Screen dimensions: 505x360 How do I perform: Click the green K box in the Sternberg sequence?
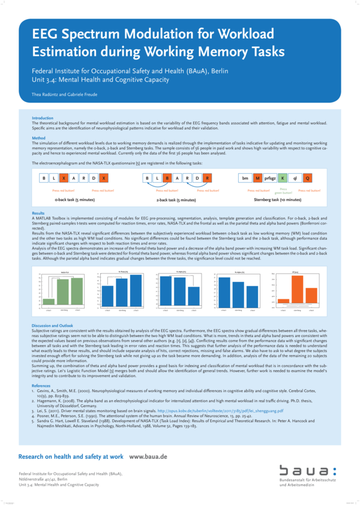point(283,178)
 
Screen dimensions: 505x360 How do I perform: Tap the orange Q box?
point(308,178)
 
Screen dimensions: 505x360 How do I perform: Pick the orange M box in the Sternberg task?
point(257,178)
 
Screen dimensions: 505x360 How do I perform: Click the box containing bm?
point(244,178)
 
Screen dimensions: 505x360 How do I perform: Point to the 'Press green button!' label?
point(283,191)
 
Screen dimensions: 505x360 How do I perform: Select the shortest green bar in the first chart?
point(49,302)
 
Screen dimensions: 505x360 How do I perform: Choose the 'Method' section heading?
point(38,138)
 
